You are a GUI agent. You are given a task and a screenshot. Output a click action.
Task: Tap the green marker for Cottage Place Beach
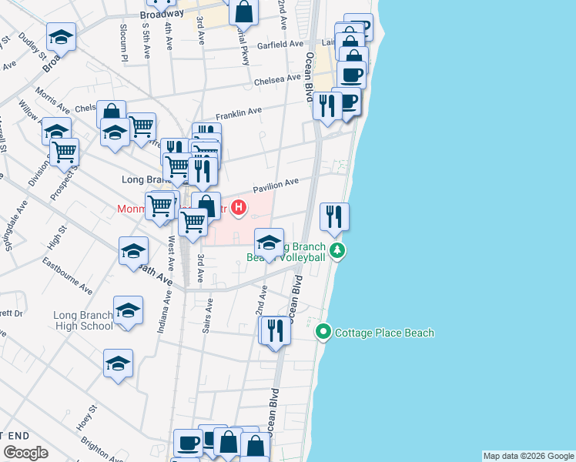point(323,333)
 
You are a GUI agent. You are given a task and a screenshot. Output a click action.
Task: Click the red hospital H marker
point(239,207)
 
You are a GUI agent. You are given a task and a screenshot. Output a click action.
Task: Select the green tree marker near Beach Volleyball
point(337,250)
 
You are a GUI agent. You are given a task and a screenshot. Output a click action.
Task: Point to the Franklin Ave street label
point(239,113)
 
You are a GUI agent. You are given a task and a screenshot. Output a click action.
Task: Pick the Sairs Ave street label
point(206,317)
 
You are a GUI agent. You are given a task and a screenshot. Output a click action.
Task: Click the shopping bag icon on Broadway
point(243,12)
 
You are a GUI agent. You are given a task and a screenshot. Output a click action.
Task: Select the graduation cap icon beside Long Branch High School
point(129,311)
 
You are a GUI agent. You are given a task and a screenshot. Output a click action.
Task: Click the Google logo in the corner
point(25,453)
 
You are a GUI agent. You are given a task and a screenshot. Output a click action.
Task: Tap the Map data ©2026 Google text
point(527,456)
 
